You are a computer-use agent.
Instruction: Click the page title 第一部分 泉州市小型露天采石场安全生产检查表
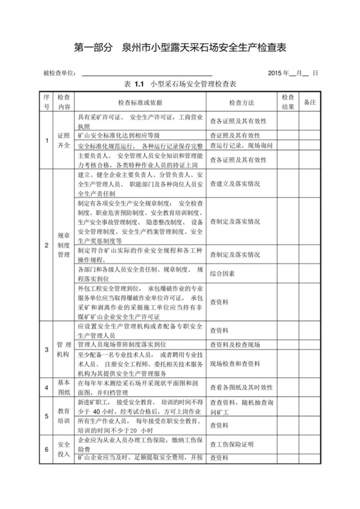[180, 47]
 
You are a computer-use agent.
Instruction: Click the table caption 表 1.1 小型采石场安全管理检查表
[180, 84]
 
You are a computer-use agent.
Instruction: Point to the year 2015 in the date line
[278, 73]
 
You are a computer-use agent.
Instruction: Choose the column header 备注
[309, 102]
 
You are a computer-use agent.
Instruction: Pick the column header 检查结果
[287, 102]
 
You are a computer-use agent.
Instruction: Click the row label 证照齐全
[64, 141]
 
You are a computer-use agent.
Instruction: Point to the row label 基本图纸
[64, 388]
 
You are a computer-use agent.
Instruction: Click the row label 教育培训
[64, 416]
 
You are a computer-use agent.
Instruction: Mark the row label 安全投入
[64, 449]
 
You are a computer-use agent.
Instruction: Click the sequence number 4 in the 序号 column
[46, 388]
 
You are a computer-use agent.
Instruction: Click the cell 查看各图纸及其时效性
[240, 388]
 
